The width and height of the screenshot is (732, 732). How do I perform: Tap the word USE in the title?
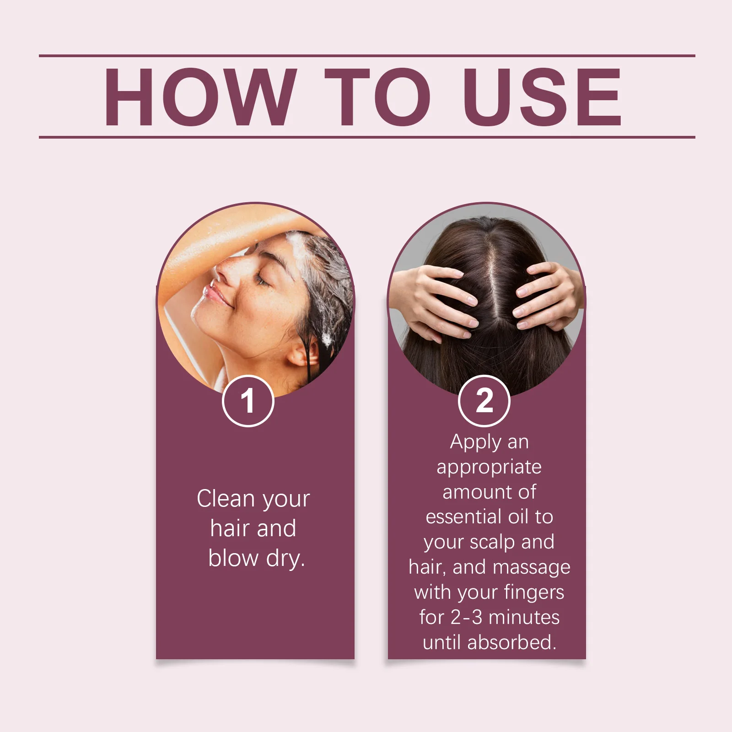[x=542, y=97]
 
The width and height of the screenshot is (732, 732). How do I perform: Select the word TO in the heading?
[x=377, y=97]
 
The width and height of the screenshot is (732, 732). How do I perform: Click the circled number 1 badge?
[x=248, y=401]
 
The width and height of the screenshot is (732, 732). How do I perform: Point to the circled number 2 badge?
[x=484, y=401]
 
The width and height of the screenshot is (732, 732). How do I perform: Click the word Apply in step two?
[x=469, y=442]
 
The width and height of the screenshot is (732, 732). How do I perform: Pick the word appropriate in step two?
[x=489, y=468]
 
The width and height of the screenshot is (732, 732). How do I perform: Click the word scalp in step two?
[x=492, y=542]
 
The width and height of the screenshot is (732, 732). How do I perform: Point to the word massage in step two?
[x=532, y=568]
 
